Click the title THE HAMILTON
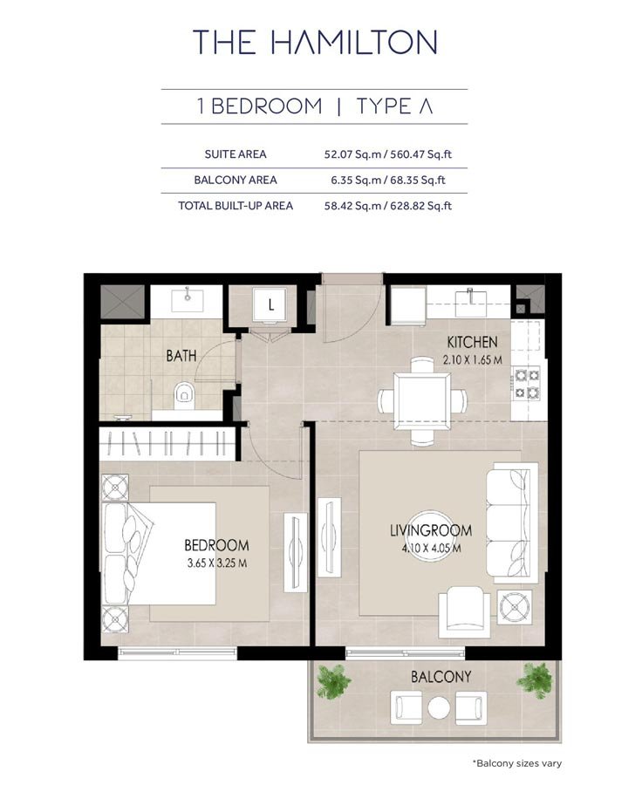tap(315, 41)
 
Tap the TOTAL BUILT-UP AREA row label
tap(236, 206)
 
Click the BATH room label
tap(181, 356)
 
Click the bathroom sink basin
tap(189, 302)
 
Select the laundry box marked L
tap(271, 305)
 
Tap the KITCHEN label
tap(472, 342)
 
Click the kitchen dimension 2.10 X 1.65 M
tap(472, 358)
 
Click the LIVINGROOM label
tap(430, 530)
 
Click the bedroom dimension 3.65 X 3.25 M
tap(215, 563)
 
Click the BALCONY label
tap(441, 677)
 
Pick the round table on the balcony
tap(439, 706)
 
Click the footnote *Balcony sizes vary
tap(517, 763)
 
